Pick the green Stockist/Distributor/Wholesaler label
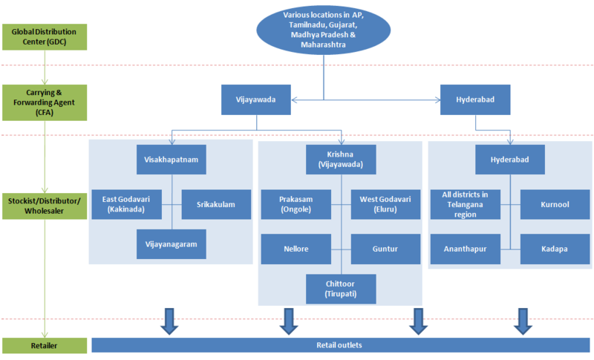[x=44, y=204]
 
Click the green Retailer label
[x=44, y=345]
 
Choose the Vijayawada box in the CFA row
[x=256, y=100]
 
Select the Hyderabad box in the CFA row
[x=470, y=100]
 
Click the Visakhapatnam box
[x=172, y=159]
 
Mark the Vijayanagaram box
[x=172, y=244]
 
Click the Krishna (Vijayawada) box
[x=341, y=159]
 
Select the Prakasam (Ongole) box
[x=296, y=204]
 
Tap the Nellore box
[x=296, y=249]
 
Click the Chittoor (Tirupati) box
[x=341, y=289]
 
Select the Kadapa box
[x=555, y=249]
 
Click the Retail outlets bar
[x=342, y=345]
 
